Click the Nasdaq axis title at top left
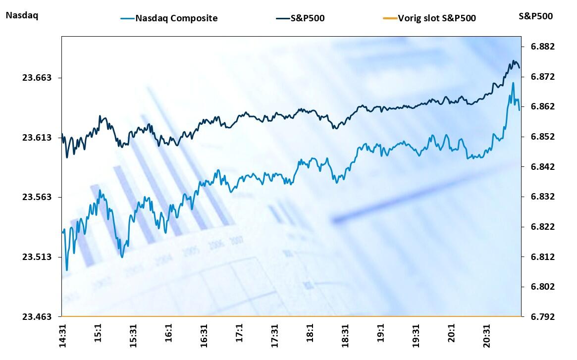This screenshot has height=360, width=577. (x=22, y=15)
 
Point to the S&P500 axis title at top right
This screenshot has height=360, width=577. (x=535, y=16)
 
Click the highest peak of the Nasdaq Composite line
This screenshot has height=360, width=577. (x=513, y=83)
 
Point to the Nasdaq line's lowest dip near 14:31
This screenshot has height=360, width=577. (x=67, y=270)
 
